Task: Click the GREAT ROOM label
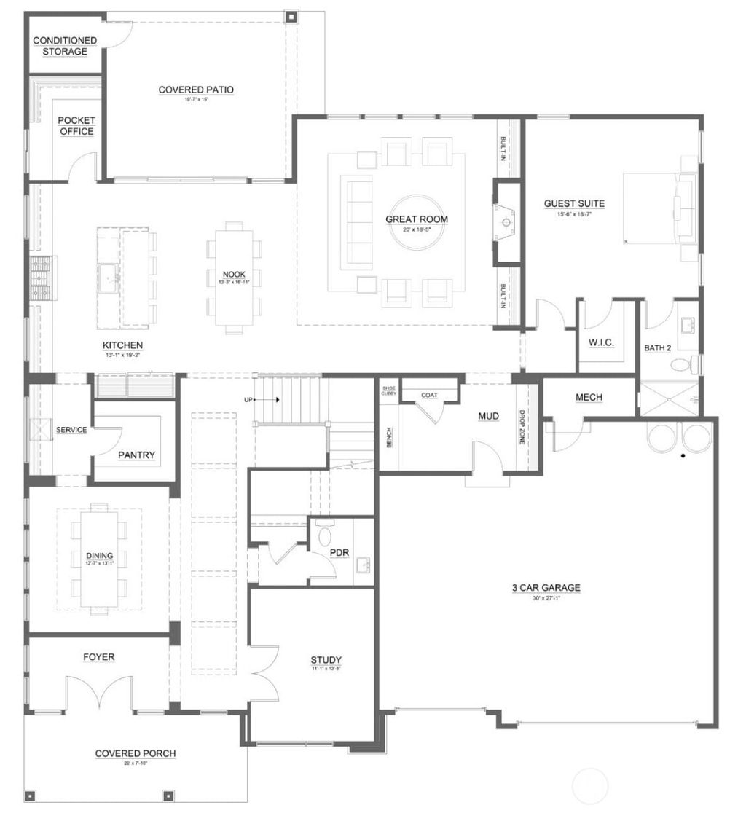point(416,219)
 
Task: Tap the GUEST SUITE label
point(574,204)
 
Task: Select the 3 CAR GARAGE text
point(545,588)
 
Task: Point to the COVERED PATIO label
point(196,90)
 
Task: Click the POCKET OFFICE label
point(76,125)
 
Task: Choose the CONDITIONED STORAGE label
point(65,46)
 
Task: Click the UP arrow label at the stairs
point(248,400)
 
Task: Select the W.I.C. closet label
point(599,342)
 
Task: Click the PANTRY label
point(136,455)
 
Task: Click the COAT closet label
point(429,396)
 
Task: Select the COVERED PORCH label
point(136,753)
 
